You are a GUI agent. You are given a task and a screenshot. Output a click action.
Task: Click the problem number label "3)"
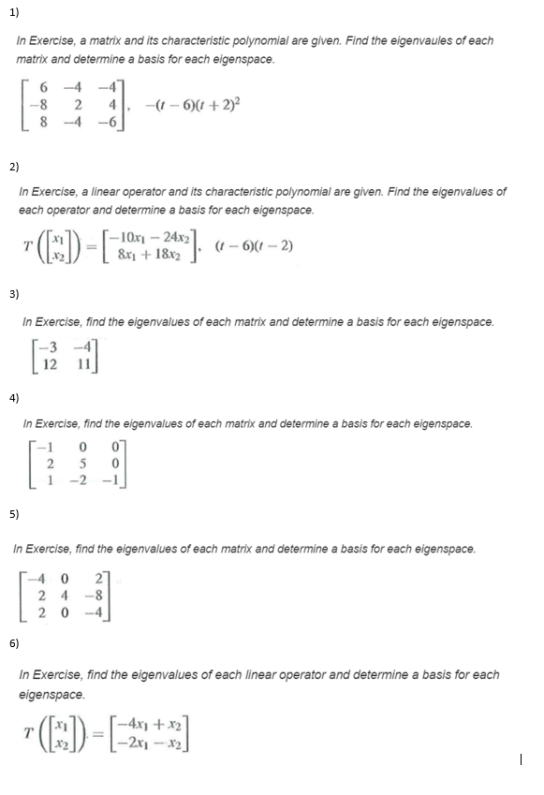(x=13, y=294)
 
